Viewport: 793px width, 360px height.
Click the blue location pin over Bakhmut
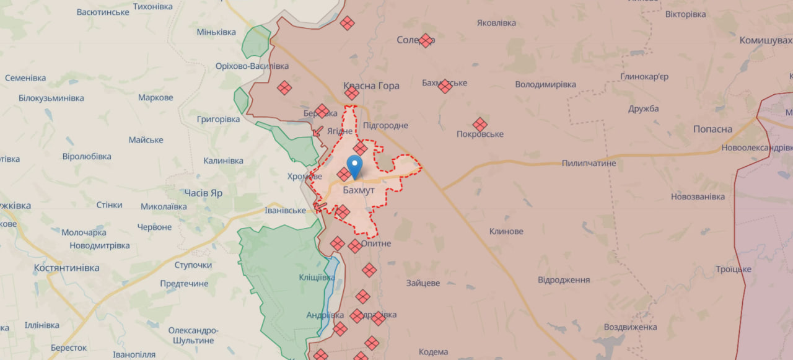[354, 165]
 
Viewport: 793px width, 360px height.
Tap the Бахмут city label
[359, 190]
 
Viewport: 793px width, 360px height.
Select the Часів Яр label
[203, 193]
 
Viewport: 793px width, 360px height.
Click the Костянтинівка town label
[67, 268]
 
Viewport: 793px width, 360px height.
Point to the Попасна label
[712, 130]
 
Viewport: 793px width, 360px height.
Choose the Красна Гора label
[371, 86]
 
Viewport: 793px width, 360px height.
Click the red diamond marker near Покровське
[480, 125]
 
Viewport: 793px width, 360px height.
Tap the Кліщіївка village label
[317, 277]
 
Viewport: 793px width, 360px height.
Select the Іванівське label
[285, 210]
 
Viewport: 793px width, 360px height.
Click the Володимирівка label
[545, 84]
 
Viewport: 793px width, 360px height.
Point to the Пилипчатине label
[589, 163]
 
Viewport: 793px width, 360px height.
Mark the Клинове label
[506, 231]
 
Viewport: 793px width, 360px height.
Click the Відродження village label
[564, 279]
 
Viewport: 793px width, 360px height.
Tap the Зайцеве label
[423, 283]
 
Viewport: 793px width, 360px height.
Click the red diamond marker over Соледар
[425, 40]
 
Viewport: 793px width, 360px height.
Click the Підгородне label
[385, 125]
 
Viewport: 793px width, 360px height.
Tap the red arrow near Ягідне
[317, 131]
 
